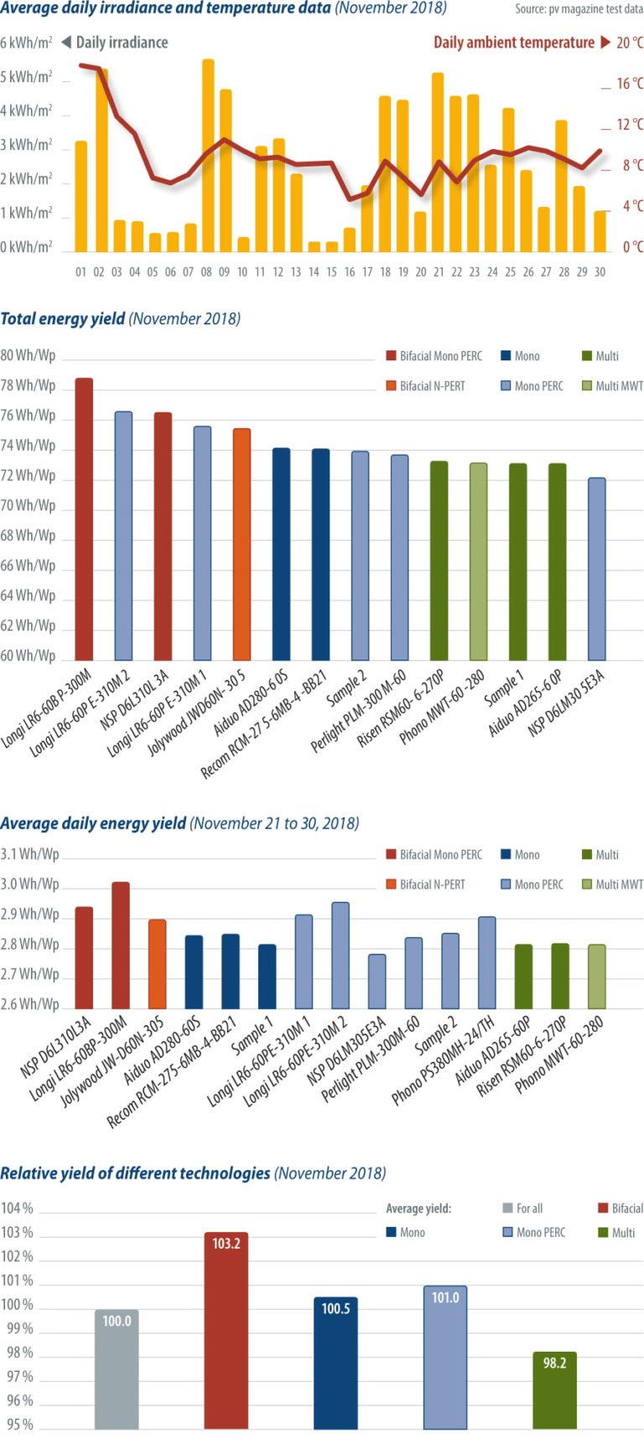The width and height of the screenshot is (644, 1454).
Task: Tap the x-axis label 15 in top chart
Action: tap(331, 272)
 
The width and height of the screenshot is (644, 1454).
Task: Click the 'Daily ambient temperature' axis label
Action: tap(513, 43)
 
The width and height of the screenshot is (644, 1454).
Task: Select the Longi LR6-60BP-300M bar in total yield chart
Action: tap(84, 519)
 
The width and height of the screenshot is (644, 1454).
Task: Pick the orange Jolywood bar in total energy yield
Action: tap(241, 544)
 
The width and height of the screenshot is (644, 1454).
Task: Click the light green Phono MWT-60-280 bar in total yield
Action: tap(478, 561)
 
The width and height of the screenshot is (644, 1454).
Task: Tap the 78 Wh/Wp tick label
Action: tap(28, 385)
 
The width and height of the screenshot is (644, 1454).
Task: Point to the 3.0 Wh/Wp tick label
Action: tap(29, 885)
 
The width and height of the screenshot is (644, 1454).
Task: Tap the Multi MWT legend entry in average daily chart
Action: tap(611, 885)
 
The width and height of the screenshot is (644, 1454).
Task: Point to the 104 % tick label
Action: tap(17, 1208)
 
